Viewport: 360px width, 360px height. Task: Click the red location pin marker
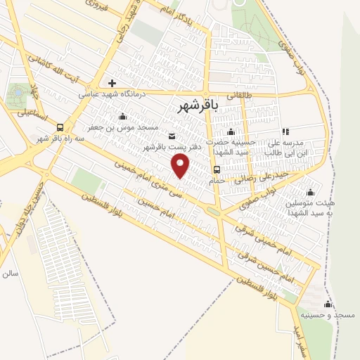pos(181,166)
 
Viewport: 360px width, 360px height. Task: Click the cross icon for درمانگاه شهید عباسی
pos(112,83)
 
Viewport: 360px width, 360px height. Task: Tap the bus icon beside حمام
pos(217,169)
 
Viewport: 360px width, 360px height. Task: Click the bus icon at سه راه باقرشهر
pos(60,127)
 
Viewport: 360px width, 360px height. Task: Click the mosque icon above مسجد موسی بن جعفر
pos(123,116)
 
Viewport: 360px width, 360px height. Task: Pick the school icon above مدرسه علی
pos(285,131)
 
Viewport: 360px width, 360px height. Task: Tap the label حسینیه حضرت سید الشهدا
pos(231,147)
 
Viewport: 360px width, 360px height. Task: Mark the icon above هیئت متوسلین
pos(310,191)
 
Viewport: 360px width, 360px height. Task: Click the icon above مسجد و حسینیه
pos(327,304)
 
